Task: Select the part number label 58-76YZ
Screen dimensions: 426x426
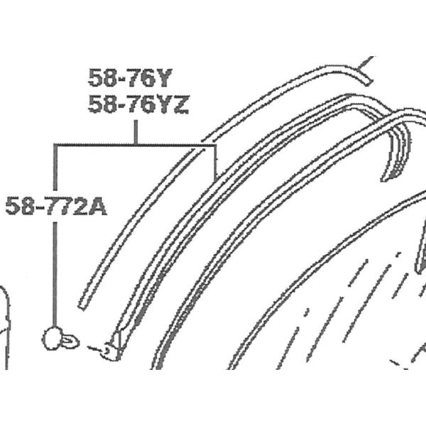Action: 138,105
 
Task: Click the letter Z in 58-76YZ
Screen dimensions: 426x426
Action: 180,105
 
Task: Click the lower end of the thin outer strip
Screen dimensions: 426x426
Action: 82,303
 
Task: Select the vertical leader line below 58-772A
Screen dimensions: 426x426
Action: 55,270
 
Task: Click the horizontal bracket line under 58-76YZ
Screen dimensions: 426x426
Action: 135,146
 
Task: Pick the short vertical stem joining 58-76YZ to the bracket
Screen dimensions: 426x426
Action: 135,132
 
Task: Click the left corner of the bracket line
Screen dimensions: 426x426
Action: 55,146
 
